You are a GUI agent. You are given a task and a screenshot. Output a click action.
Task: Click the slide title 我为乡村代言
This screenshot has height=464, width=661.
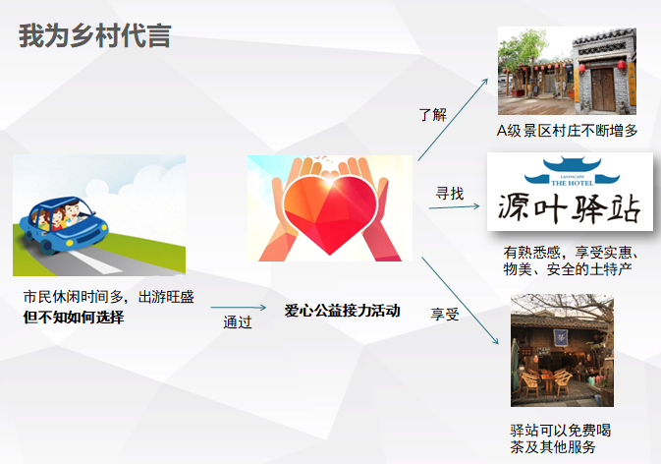pos(95,35)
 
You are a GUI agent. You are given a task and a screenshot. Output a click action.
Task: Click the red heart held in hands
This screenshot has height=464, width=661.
pos(330,214)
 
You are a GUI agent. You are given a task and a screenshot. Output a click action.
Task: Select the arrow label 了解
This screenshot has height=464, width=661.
pos(432,115)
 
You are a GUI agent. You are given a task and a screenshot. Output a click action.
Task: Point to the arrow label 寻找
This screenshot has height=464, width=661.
pos(450,194)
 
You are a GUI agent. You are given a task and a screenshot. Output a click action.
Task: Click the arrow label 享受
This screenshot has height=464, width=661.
pos(445,315)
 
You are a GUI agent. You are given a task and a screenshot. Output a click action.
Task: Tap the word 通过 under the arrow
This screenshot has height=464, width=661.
pos(238,322)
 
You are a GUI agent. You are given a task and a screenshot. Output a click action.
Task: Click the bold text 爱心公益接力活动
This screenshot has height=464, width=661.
pos(342,311)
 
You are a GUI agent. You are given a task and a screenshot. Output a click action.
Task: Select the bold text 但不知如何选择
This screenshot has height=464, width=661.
pos(74,318)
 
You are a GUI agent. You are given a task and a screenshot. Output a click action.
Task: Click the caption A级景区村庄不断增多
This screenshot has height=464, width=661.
pos(567,131)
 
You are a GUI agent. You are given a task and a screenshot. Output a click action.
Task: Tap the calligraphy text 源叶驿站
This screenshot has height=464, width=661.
pos(569,208)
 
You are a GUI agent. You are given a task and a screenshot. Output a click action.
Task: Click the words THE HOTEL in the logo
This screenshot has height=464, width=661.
pos(572,183)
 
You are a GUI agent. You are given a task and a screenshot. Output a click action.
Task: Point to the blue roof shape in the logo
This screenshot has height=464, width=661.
pos(572,170)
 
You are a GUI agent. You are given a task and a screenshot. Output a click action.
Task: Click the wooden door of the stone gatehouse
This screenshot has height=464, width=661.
pos(603,89)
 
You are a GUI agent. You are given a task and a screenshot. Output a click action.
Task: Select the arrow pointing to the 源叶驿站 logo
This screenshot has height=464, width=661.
pos(454,206)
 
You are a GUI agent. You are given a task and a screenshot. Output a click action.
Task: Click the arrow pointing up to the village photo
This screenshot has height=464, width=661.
pos(453,119)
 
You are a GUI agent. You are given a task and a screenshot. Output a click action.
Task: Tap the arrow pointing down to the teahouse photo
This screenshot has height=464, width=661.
pos(461,301)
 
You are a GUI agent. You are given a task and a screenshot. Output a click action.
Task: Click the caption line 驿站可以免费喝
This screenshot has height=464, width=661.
pos(560,431)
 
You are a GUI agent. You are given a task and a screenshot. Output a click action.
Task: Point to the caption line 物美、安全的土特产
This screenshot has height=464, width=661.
pos(568,268)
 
